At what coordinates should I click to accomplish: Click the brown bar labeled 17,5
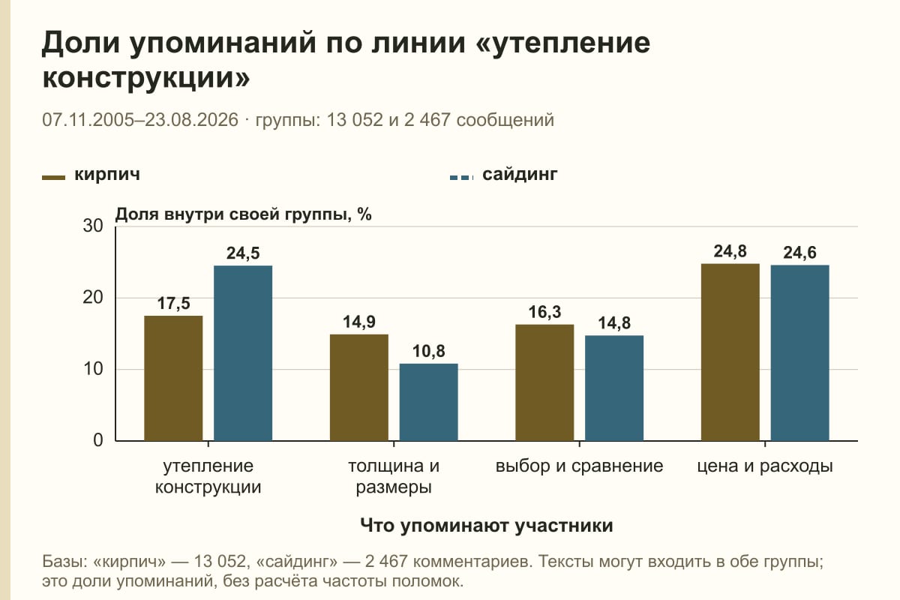173,378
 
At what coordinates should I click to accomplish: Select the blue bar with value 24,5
243,353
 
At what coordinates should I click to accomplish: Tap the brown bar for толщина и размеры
359,388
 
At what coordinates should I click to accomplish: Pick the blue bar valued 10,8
429,402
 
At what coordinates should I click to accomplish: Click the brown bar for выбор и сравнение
544,382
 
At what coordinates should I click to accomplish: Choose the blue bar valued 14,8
614,388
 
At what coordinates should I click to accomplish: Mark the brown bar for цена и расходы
730,352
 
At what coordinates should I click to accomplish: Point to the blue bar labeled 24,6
800,352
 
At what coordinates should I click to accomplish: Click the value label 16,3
544,312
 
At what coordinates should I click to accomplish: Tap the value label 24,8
730,251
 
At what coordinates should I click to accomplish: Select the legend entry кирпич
91,175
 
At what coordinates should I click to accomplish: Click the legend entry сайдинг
504,175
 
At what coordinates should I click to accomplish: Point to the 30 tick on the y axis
93,226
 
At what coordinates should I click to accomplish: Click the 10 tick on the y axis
93,369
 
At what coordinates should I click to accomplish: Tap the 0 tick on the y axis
98,441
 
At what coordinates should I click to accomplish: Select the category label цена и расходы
765,466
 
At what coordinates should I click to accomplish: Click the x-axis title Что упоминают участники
487,526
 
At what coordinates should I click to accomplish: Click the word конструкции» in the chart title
146,77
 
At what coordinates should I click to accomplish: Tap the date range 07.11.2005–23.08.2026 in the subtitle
140,120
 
